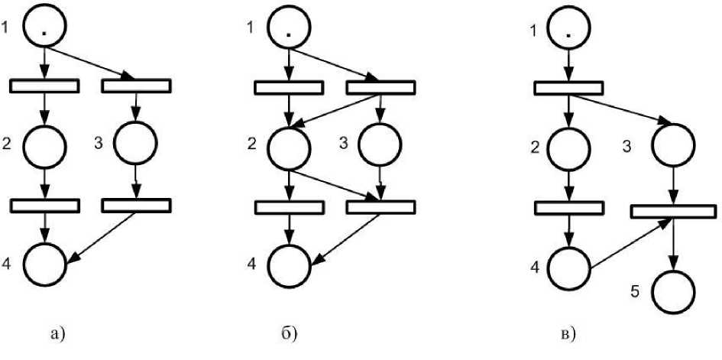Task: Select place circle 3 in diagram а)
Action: pyautogui.click(x=135, y=143)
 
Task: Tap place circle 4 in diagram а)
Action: pyautogui.click(x=46, y=264)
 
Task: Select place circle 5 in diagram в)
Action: pyautogui.click(x=672, y=291)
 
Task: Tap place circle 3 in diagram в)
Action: pyautogui.click(x=672, y=143)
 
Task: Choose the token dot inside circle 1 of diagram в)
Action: pyautogui.click(x=569, y=34)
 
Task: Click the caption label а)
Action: pyautogui.click(x=57, y=332)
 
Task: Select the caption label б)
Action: pyautogui.click(x=290, y=332)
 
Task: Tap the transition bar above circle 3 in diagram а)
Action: pyautogui.click(x=135, y=86)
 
